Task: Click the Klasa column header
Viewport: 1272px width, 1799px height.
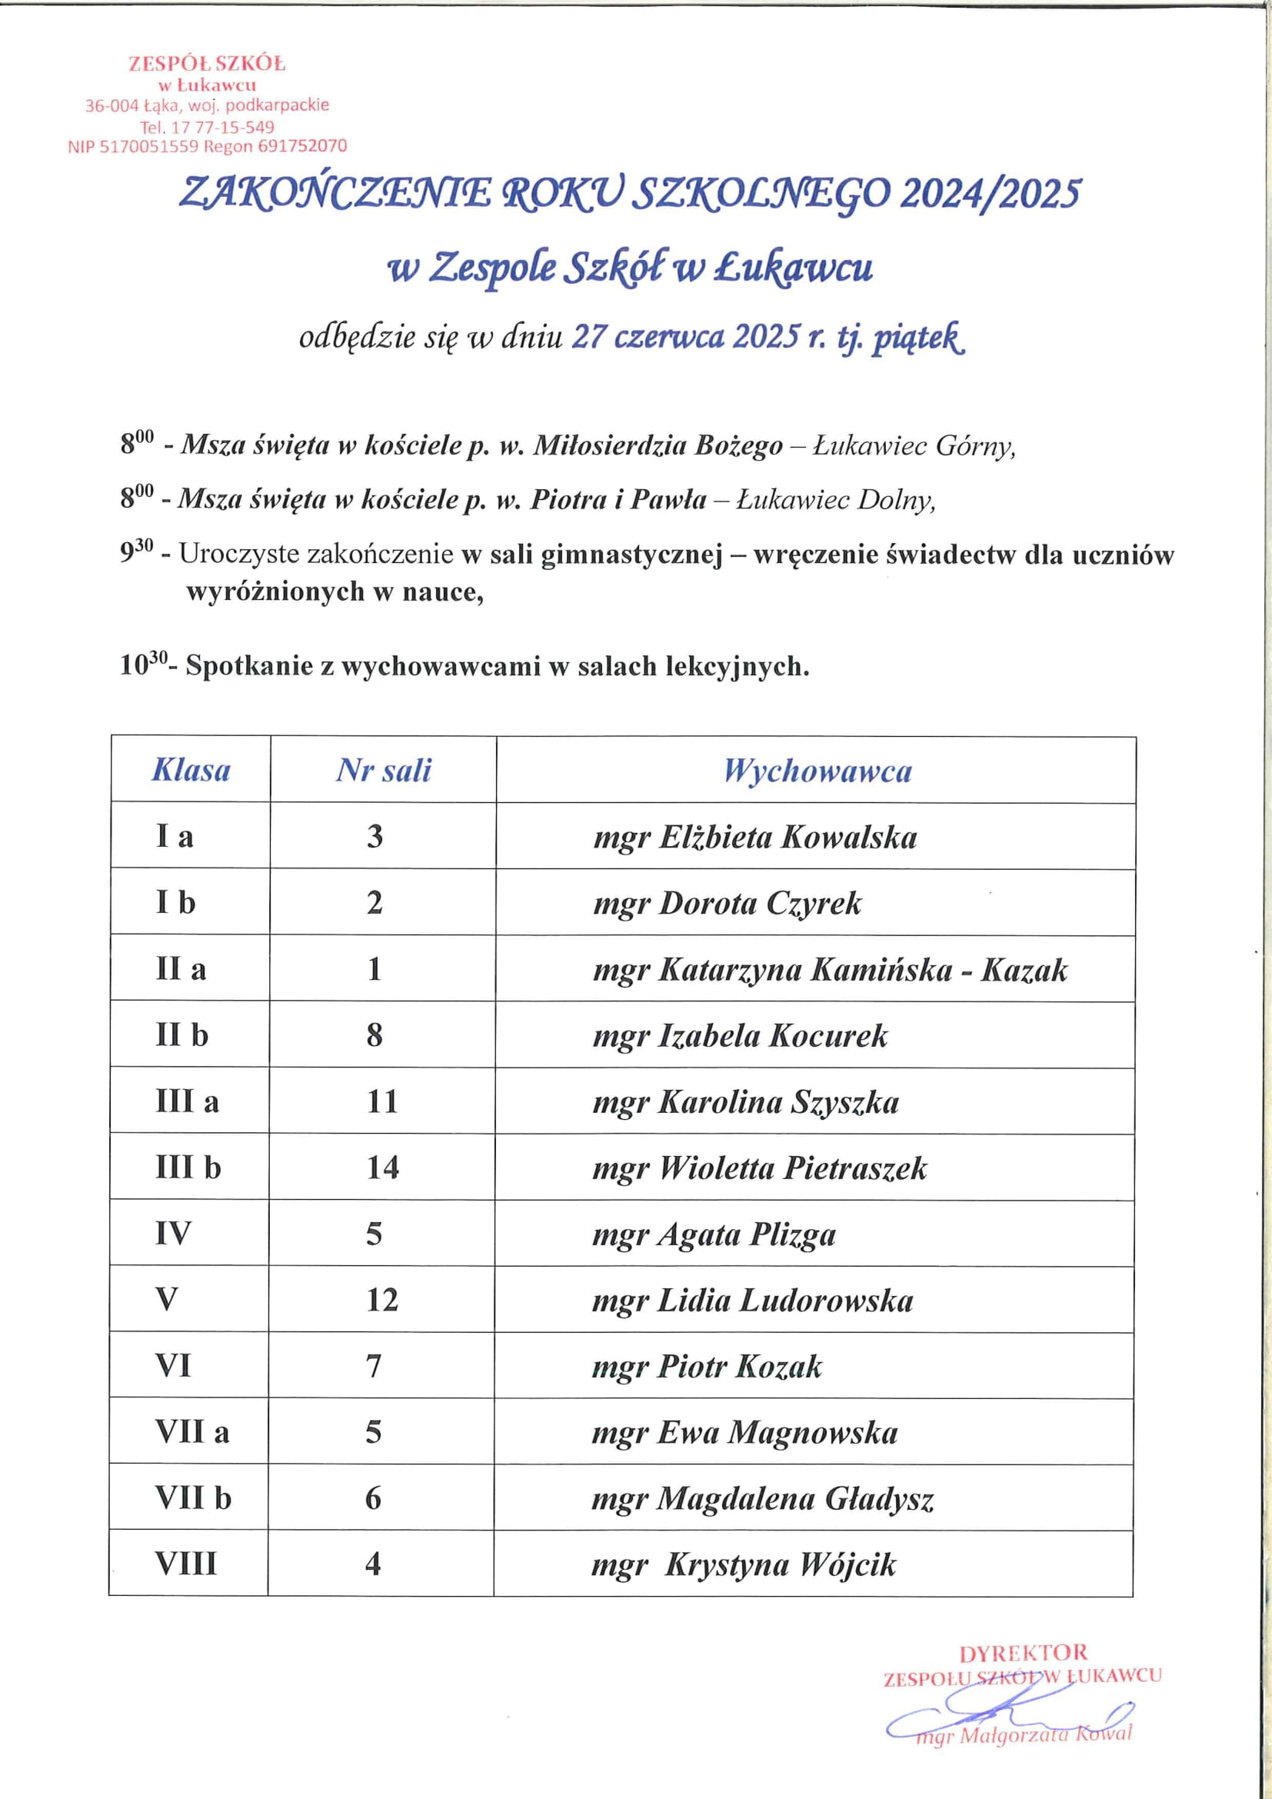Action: (191, 770)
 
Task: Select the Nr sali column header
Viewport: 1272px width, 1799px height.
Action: (384, 770)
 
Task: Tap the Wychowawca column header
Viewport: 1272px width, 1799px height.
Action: (817, 771)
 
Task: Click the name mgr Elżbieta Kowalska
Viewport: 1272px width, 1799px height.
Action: (755, 838)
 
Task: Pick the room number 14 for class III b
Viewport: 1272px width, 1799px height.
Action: (382, 1168)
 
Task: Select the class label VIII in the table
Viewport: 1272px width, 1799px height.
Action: (185, 1564)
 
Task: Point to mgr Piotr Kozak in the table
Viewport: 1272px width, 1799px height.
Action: (707, 1367)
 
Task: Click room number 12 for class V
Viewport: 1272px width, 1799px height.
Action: (382, 1300)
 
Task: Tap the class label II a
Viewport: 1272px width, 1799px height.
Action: (181, 969)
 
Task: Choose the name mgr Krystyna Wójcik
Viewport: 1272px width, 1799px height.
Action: (744, 1564)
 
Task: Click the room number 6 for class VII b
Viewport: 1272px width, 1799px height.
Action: (374, 1498)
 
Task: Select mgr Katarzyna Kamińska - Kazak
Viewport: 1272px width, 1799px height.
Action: (831, 970)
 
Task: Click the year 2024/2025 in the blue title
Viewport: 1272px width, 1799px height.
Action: (990, 194)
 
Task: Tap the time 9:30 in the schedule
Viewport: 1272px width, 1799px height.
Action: (136, 553)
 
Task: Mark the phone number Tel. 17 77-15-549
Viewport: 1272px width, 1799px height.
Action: (207, 126)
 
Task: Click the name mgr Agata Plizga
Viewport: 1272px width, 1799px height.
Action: (714, 1234)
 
